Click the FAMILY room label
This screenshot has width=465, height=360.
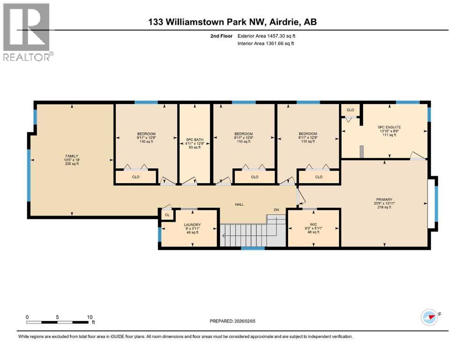pyautogui.click(x=72, y=156)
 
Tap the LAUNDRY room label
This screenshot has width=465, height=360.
pyautogui.click(x=192, y=225)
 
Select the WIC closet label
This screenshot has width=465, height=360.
pyautogui.click(x=313, y=224)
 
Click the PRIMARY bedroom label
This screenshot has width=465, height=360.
pyautogui.click(x=384, y=199)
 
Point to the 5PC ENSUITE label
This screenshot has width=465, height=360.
pyautogui.click(x=389, y=127)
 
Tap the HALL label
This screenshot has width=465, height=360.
pyautogui.click(x=240, y=204)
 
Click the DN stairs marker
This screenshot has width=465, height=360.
pyautogui.click(x=277, y=210)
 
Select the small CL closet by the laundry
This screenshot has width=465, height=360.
pyautogui.click(x=167, y=215)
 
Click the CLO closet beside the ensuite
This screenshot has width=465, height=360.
pyautogui.click(x=350, y=110)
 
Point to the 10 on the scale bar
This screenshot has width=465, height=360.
pyautogui.click(x=89, y=316)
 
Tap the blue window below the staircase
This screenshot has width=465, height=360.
pyautogui.click(x=252, y=248)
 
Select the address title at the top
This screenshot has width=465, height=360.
pyautogui.click(x=232, y=22)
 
